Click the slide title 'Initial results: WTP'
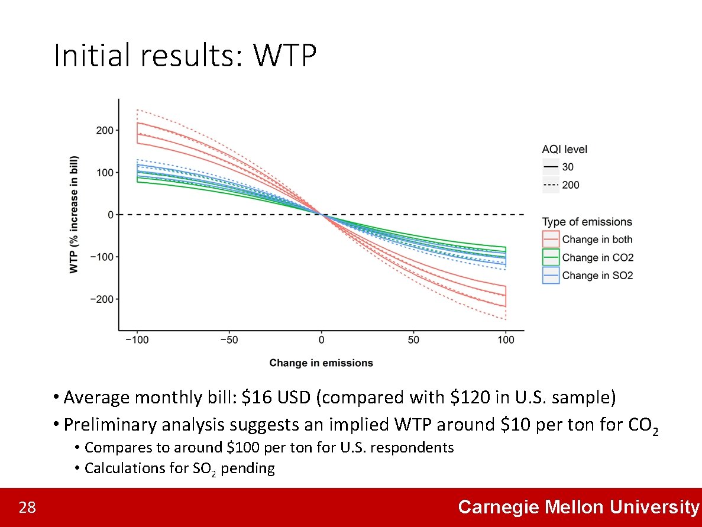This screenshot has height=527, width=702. click(x=185, y=56)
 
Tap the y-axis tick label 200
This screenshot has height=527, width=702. click(x=106, y=130)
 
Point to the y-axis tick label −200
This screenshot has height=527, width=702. click(x=102, y=299)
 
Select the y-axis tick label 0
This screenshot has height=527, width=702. click(x=111, y=215)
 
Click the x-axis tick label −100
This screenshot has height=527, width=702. click(x=137, y=340)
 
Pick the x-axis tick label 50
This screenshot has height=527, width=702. click(x=413, y=340)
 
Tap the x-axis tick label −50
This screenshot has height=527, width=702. click(x=229, y=340)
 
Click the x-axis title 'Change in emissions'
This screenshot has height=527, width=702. click(x=321, y=363)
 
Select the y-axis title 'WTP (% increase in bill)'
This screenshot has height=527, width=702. click(x=74, y=215)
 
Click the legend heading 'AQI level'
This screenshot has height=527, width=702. click(x=564, y=150)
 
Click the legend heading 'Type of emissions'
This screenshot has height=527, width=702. click(x=587, y=222)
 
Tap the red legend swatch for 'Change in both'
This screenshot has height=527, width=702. click(x=551, y=240)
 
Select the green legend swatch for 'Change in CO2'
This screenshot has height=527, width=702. click(x=551, y=257)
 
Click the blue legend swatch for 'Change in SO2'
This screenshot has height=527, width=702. click(x=551, y=275)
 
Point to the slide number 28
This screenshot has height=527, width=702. click(x=27, y=507)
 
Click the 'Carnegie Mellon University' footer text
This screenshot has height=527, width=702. click(x=578, y=507)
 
